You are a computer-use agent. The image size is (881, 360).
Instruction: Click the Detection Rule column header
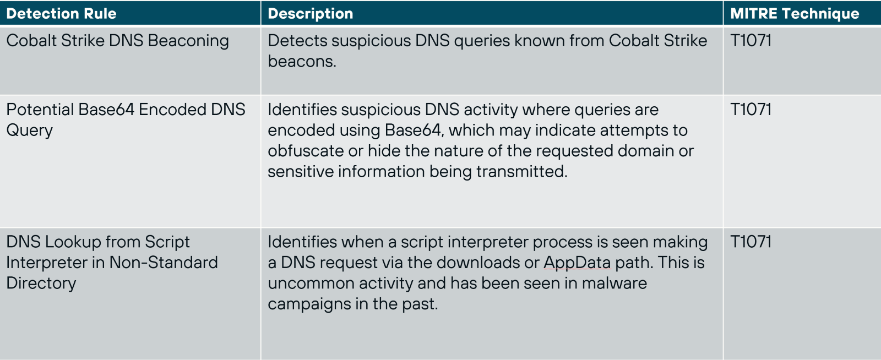tap(61, 14)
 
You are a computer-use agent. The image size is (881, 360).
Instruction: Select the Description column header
tap(310, 14)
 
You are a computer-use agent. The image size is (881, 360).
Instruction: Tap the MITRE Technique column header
tap(794, 14)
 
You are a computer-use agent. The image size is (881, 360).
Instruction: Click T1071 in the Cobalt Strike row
tap(751, 41)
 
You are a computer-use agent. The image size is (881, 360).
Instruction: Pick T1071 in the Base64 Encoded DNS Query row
tap(751, 110)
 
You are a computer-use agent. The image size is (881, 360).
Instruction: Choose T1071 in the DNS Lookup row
tap(751, 242)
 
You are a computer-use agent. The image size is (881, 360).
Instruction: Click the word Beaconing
tap(188, 41)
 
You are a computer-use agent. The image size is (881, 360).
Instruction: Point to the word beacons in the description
tap(301, 62)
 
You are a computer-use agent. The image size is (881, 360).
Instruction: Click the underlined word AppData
tap(577, 263)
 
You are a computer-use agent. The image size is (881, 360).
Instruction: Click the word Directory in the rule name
tap(41, 283)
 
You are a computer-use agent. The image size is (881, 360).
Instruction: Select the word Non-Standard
tap(164, 263)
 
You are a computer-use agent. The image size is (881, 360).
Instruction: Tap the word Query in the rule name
tap(30, 131)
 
